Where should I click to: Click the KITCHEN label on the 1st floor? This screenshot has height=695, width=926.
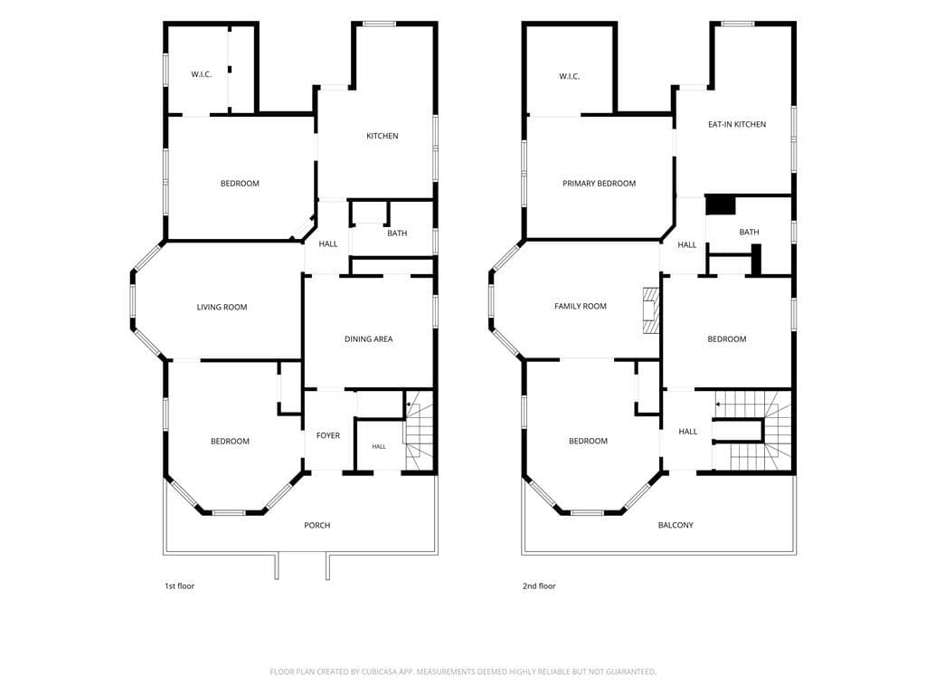point(383,136)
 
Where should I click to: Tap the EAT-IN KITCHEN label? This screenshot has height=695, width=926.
point(737,124)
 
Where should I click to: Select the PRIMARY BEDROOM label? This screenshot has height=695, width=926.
point(599,183)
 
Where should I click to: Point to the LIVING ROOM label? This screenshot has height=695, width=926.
point(222,307)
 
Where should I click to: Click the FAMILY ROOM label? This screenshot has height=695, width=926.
point(581,306)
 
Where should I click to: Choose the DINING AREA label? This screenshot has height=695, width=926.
point(369,338)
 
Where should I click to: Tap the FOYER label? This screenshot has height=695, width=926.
point(328,435)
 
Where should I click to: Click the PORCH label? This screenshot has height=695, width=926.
point(317,525)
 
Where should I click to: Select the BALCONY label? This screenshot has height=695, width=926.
point(676,525)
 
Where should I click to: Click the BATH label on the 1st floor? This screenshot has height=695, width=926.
point(397,233)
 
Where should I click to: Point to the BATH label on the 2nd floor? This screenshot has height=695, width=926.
point(749,232)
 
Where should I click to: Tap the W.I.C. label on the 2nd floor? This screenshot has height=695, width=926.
point(570,76)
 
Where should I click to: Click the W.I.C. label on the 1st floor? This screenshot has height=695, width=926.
point(201,74)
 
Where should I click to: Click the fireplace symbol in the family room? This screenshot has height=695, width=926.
point(651,311)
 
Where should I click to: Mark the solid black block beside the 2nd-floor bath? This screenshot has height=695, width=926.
point(721,205)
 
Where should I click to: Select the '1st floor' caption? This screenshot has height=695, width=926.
point(180,586)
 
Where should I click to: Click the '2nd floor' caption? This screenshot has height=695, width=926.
point(539,586)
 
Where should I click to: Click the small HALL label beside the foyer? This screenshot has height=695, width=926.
point(379,447)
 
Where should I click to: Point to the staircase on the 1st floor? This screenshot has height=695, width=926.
point(420,431)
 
